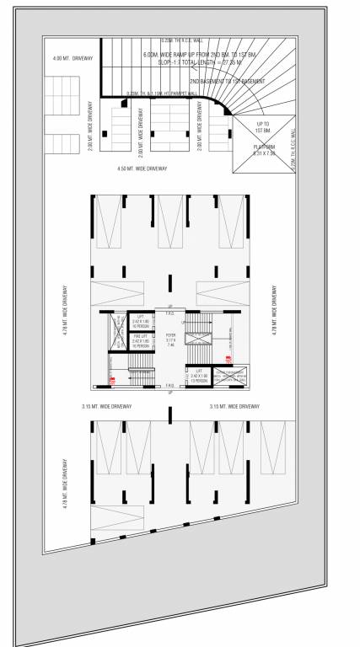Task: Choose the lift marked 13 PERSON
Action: pyautogui.click(x=201, y=373)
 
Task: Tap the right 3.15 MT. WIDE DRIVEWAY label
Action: pyautogui.click(x=234, y=406)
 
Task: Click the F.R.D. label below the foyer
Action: pyautogui.click(x=170, y=384)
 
